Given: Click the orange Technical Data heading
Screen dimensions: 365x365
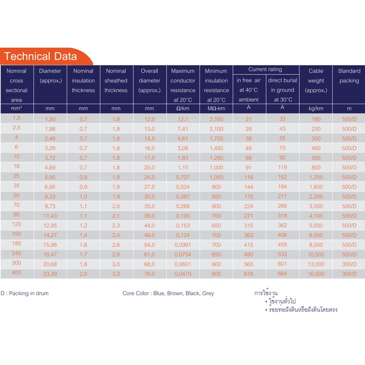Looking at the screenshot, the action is point(40,56).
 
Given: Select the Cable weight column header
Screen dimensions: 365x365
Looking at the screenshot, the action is point(316,81).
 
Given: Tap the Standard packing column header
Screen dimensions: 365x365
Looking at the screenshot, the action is point(349,76).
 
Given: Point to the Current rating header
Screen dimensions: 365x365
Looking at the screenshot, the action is point(265,69).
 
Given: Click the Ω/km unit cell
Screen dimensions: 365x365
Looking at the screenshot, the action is point(183,109).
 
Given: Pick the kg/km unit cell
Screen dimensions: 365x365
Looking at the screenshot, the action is point(316,109).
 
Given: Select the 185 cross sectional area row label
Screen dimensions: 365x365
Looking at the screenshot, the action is point(16,244).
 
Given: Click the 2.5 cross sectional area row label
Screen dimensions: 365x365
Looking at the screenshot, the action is point(16,128).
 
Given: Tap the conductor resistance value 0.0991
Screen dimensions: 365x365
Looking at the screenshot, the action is point(183,245).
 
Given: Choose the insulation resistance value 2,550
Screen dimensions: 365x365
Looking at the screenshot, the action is point(216,119).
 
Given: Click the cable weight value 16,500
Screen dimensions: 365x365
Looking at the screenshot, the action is point(316,274).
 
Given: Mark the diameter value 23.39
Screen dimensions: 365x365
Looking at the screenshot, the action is point(50,274).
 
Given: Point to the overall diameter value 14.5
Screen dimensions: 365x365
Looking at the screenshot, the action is point(150,139).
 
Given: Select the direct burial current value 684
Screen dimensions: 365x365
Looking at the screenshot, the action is point(282,273).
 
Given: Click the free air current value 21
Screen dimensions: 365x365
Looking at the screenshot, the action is point(248,119).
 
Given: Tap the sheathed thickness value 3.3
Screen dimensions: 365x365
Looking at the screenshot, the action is point(116,274).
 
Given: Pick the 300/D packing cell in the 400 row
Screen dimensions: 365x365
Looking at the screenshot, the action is point(349,274).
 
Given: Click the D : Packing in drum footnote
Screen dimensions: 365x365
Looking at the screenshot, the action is point(25,293).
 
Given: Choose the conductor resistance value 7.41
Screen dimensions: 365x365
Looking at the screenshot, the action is point(183,129).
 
